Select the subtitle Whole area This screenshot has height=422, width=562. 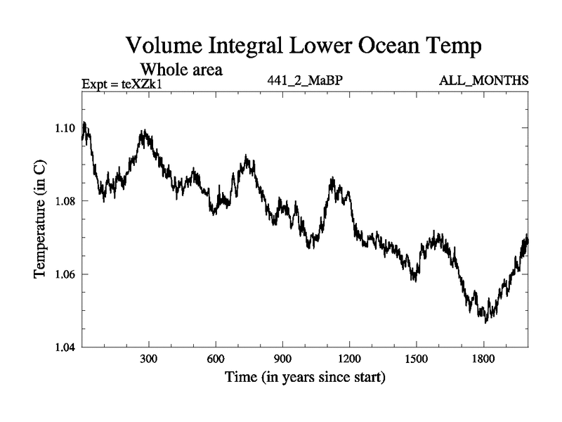(182, 69)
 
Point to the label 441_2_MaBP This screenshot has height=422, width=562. (305, 81)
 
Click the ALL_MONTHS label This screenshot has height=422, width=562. (483, 81)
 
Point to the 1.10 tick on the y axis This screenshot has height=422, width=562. (67, 128)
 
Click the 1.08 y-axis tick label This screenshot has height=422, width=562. (67, 201)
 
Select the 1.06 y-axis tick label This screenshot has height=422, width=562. (67, 274)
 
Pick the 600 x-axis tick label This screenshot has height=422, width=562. (216, 359)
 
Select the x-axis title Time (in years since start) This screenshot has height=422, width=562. (305, 378)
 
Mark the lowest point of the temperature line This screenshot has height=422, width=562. (485, 322)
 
